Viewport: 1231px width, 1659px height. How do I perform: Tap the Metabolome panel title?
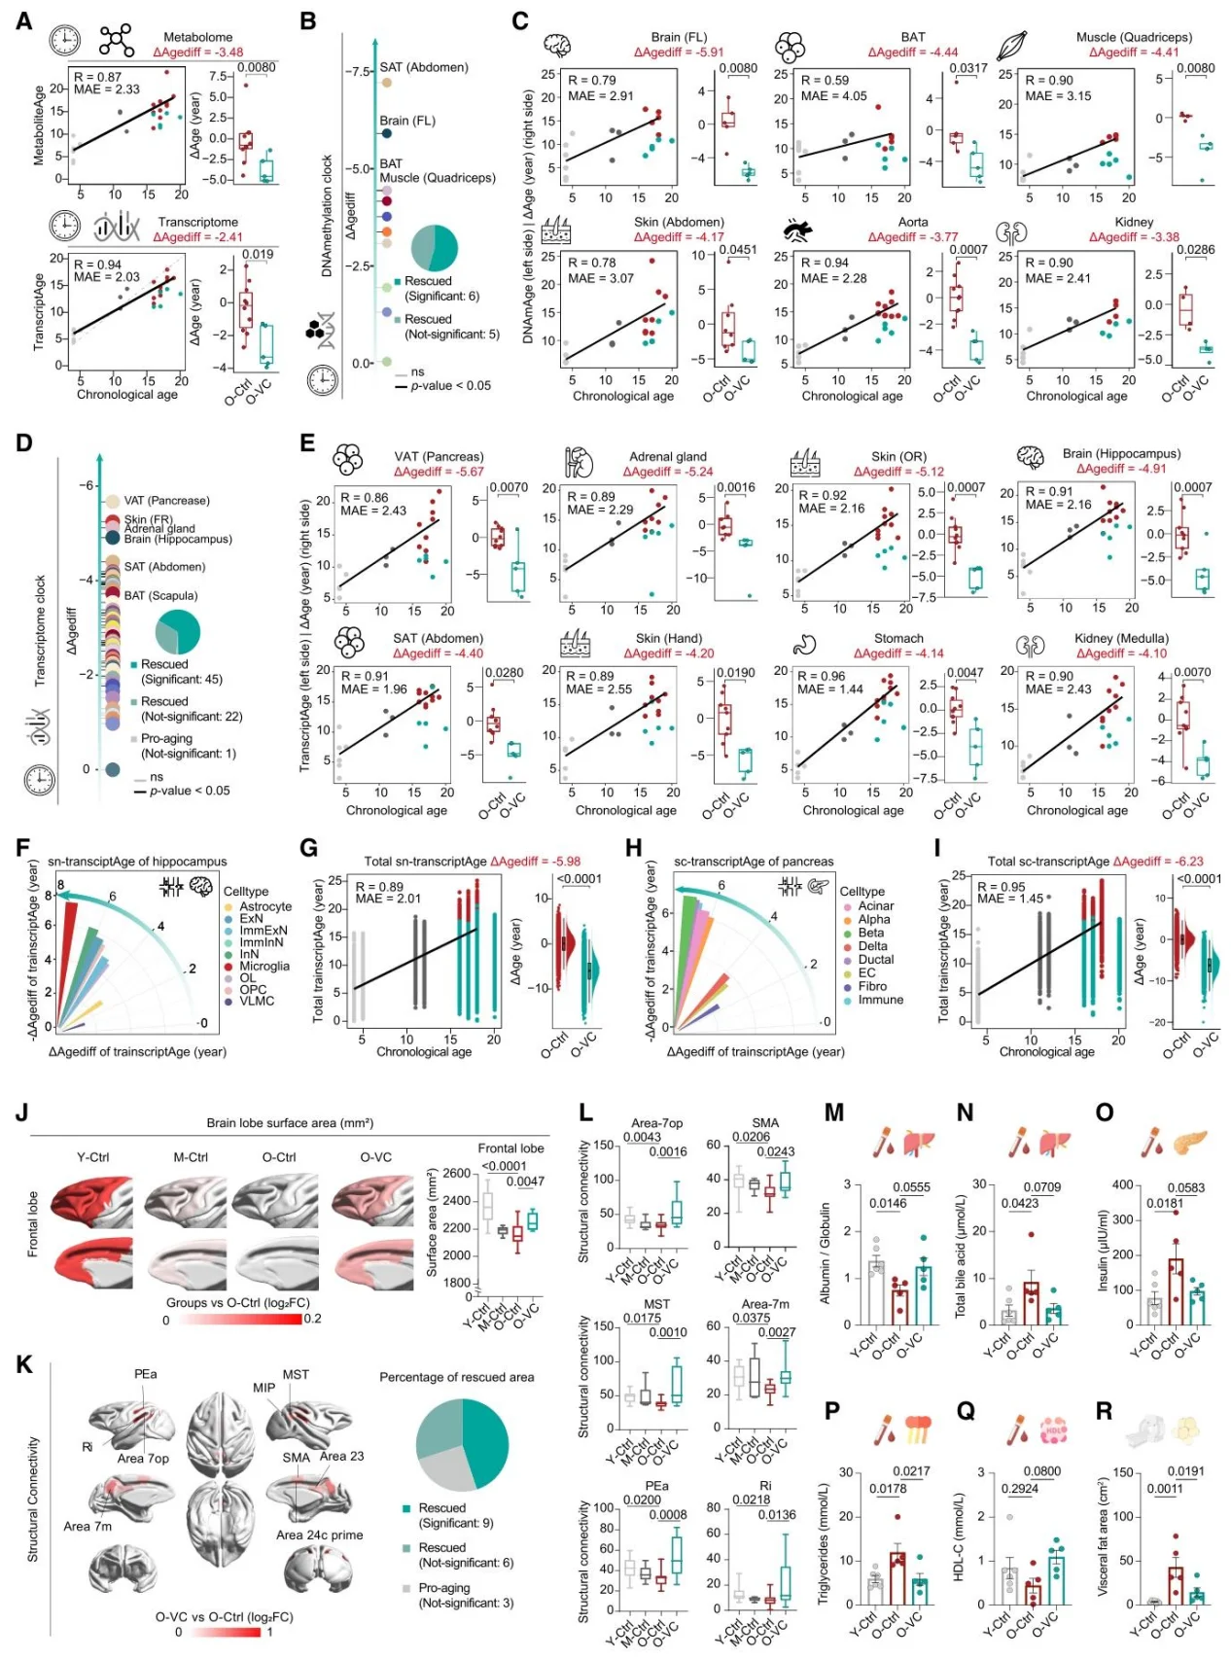(x=197, y=37)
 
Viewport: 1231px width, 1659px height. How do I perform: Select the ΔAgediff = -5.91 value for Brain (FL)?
(x=679, y=53)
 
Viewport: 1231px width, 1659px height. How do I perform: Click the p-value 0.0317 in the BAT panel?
(x=967, y=68)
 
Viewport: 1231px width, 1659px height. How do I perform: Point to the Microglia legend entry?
(x=264, y=966)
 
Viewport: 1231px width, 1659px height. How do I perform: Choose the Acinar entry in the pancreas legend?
(x=875, y=905)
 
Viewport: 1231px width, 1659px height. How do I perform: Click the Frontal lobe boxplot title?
(x=510, y=1148)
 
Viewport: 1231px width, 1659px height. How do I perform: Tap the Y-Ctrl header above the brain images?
(x=93, y=1157)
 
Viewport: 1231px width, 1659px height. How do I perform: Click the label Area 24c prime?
(x=319, y=1535)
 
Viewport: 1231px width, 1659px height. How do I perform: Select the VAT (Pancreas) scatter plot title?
(x=439, y=456)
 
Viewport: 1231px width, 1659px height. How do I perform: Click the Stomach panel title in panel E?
(x=898, y=639)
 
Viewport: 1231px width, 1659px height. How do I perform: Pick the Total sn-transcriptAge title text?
(x=425, y=861)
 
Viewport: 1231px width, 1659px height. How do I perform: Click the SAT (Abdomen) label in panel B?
(x=423, y=67)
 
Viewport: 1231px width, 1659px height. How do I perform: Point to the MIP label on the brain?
(x=264, y=1388)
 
